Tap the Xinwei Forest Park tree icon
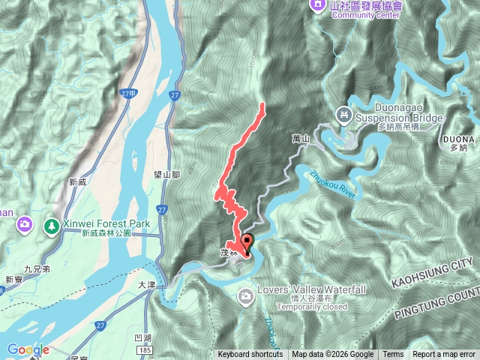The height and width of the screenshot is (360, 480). tap(52, 224)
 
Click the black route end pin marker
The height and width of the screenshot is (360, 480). tap(247, 241)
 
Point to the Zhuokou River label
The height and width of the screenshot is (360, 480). tap(330, 184)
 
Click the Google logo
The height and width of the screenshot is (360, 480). tap(28, 349)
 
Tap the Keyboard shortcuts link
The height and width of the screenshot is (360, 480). tap(250, 355)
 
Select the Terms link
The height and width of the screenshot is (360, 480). tap(393, 355)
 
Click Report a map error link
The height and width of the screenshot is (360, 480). tap(444, 355)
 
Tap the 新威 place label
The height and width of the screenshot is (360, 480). tap(78, 181)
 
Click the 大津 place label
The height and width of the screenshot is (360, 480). tap(148, 285)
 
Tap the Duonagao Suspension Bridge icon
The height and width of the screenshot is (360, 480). tap(344, 114)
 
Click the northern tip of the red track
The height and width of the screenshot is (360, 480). tap(262, 105)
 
